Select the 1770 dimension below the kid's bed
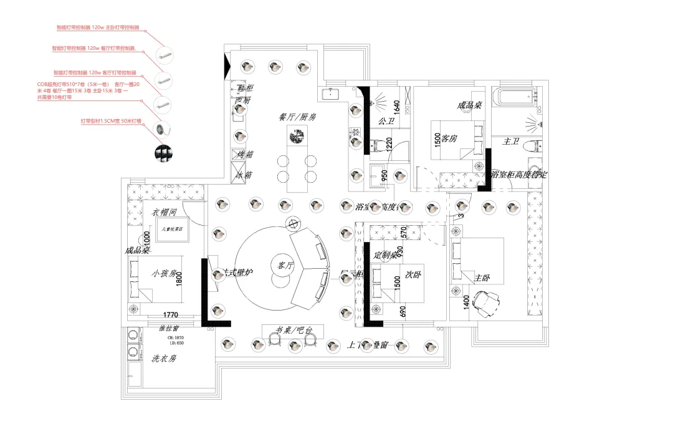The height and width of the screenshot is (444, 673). pyautogui.click(x=171, y=315)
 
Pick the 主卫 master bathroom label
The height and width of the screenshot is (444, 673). pyautogui.click(x=511, y=142)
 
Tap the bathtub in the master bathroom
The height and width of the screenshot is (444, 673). pyautogui.click(x=514, y=96)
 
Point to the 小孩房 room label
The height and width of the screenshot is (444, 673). pyautogui.click(x=165, y=273)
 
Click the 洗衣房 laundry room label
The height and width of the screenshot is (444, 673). pyautogui.click(x=165, y=359)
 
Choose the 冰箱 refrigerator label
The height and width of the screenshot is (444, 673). pyautogui.click(x=244, y=175)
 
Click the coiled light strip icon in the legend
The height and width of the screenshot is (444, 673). pyautogui.click(x=161, y=129)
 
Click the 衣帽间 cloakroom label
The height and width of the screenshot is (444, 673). pyautogui.click(x=164, y=212)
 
